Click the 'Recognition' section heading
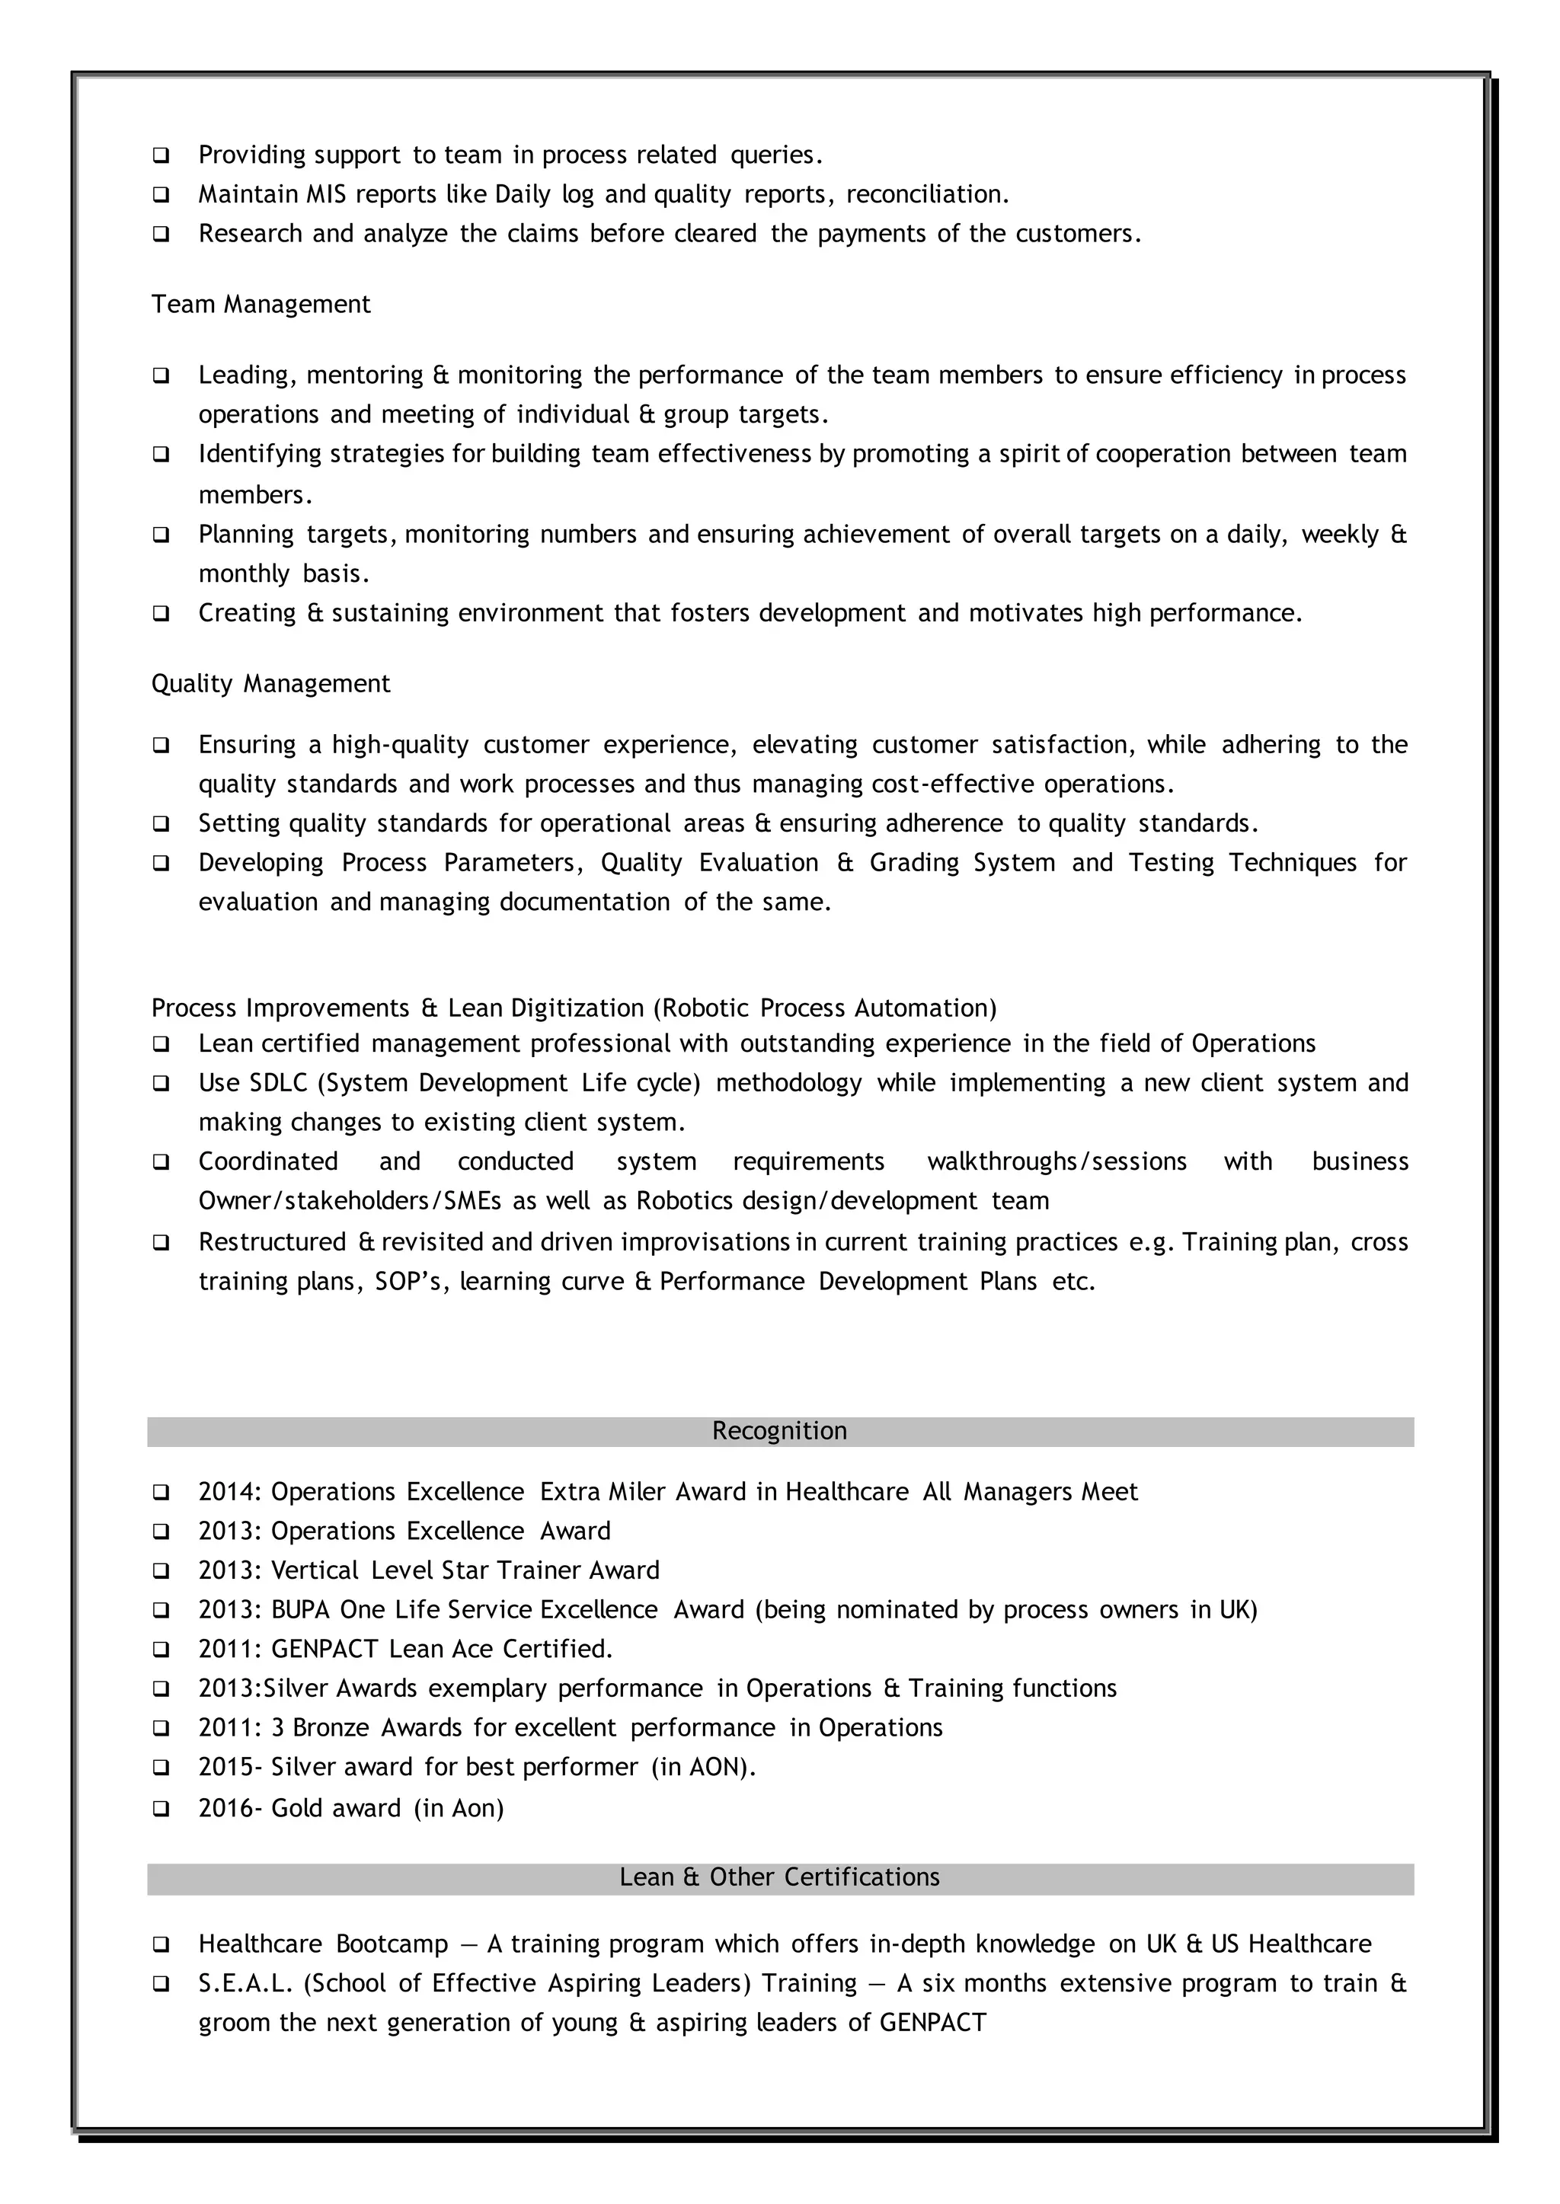click(779, 1431)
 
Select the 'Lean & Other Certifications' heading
click(779, 1877)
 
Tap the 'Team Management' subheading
click(261, 305)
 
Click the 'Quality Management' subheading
click(271, 684)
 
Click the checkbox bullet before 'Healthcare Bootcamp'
click(161, 1945)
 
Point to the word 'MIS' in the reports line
click(326, 195)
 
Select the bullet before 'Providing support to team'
click(161, 155)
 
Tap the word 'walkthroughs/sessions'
click(1057, 1162)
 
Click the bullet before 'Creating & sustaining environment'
click(161, 614)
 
